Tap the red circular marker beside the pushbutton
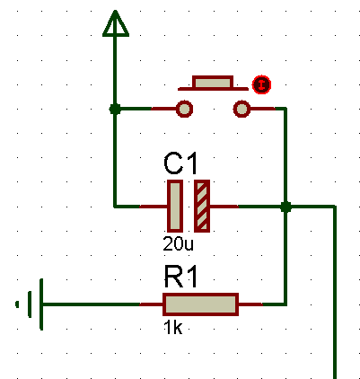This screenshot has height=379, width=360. pyautogui.click(x=261, y=84)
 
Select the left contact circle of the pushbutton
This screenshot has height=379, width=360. pyautogui.click(x=184, y=109)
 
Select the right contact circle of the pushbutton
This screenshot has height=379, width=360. pyautogui.click(x=241, y=109)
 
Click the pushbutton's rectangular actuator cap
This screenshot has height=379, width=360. pyautogui.click(x=213, y=82)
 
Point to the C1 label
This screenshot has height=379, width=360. pyautogui.click(x=180, y=163)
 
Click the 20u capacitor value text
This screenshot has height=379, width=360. pyautogui.click(x=178, y=244)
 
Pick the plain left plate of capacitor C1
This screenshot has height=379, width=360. pyautogui.click(x=175, y=206)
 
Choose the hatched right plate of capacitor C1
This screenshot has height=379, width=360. pyautogui.click(x=202, y=206)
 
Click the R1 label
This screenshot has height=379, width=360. pyautogui.click(x=180, y=277)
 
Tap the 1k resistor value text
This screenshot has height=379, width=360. pyautogui.click(x=172, y=328)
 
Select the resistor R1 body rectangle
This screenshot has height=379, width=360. pyautogui.click(x=200, y=304)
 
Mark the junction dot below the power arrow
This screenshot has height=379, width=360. pyautogui.click(x=115, y=109)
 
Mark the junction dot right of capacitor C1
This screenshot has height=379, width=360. pyautogui.click(x=285, y=207)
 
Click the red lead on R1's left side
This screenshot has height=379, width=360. pyautogui.click(x=151, y=304)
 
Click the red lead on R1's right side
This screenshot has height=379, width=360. pyautogui.click(x=250, y=304)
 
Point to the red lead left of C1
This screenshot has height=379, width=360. pyautogui.click(x=154, y=207)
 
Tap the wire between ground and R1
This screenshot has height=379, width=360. pyautogui.click(x=91, y=304)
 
